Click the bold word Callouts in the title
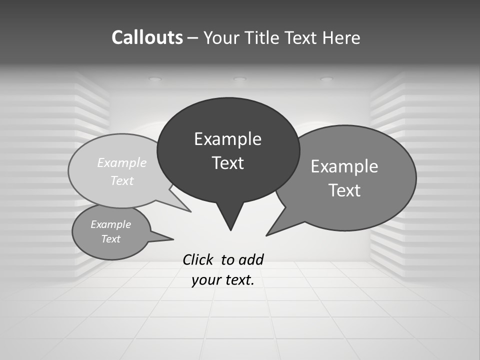click(147, 37)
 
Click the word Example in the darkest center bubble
click(227, 139)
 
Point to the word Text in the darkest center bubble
click(227, 163)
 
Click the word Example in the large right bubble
click(344, 166)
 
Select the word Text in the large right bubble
click(344, 190)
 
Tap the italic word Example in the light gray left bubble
click(122, 163)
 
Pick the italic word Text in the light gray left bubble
click(122, 181)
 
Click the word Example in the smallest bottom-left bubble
click(110, 224)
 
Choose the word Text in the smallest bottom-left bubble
click(110, 239)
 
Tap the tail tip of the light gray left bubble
click(190, 211)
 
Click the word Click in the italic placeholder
click(198, 259)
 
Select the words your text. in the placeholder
click(223, 280)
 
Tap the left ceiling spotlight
click(155, 79)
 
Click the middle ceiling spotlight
click(240, 79)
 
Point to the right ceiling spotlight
click(326, 79)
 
